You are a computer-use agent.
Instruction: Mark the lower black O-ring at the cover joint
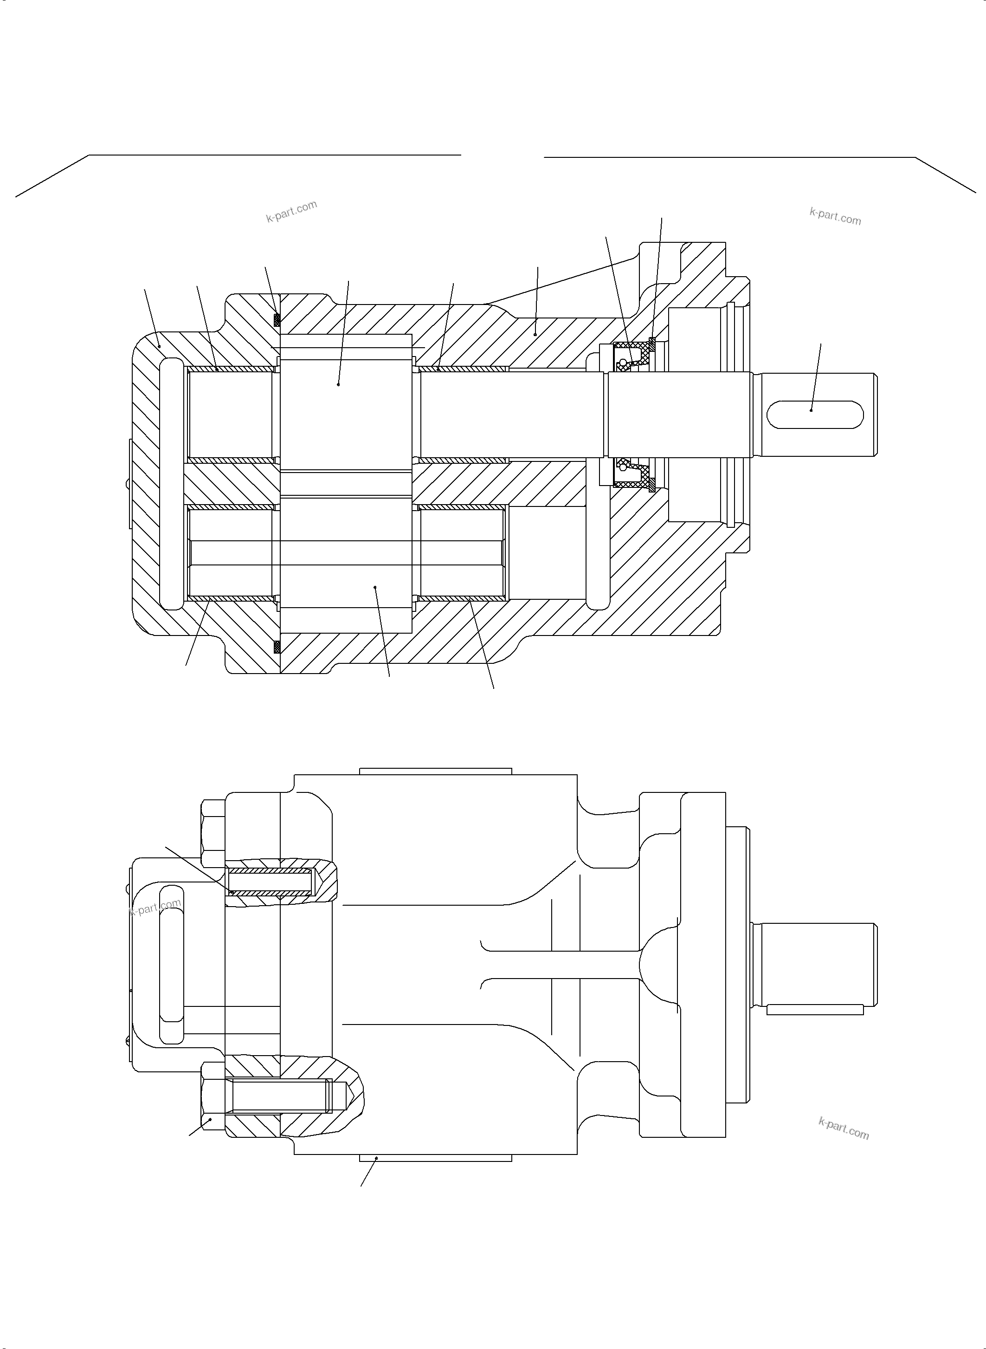pos(277,646)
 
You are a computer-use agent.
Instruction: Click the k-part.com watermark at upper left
pos(291,211)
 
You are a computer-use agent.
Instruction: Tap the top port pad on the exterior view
pos(436,771)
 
